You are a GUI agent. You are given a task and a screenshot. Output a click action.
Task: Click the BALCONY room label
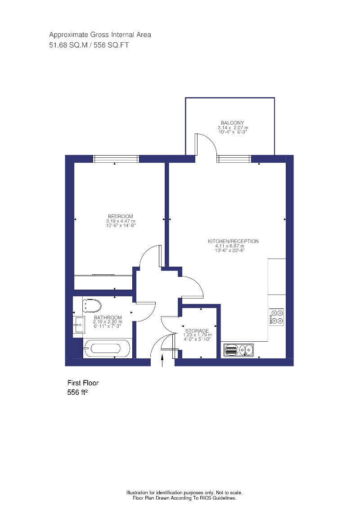coord(232,123)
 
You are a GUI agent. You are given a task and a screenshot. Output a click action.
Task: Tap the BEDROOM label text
coord(120,216)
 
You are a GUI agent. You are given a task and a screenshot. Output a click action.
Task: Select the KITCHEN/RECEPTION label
coord(233,241)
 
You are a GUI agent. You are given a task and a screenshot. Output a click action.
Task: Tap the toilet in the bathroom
coord(92,306)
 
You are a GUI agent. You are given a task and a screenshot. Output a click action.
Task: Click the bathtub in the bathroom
coord(108,348)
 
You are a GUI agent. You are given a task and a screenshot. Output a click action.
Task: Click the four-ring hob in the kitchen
coord(276,316)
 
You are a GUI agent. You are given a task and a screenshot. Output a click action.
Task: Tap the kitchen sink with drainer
coord(238,349)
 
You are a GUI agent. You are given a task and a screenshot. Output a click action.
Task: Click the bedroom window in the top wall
coord(116,159)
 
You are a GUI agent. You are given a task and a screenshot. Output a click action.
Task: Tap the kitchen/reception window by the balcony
coord(234,159)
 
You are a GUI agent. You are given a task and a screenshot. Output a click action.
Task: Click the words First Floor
coord(83,383)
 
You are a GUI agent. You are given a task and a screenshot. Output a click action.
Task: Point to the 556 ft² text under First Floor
coord(77,392)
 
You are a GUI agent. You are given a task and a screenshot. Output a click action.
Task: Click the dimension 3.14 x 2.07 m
coord(232,128)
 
